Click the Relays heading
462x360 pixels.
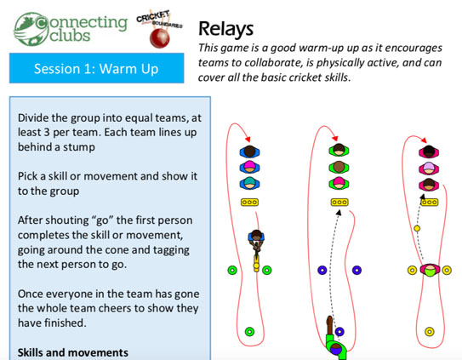(x=225, y=29)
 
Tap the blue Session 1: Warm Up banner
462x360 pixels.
(x=97, y=68)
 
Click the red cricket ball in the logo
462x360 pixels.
(x=159, y=38)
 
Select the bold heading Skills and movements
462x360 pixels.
(x=73, y=352)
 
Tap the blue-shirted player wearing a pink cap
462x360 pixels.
(x=249, y=167)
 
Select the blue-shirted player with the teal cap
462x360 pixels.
(x=249, y=183)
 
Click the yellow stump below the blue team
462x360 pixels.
(x=249, y=203)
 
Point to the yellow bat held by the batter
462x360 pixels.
(x=256, y=263)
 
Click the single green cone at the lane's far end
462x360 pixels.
(x=249, y=332)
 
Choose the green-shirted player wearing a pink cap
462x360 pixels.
(x=339, y=183)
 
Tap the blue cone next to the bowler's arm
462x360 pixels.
(x=339, y=332)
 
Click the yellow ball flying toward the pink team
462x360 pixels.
(x=417, y=228)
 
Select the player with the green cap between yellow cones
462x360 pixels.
(x=430, y=270)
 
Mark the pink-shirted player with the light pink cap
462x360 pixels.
(x=429, y=168)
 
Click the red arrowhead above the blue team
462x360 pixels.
(x=248, y=140)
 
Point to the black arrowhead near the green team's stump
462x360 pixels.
(x=339, y=213)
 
